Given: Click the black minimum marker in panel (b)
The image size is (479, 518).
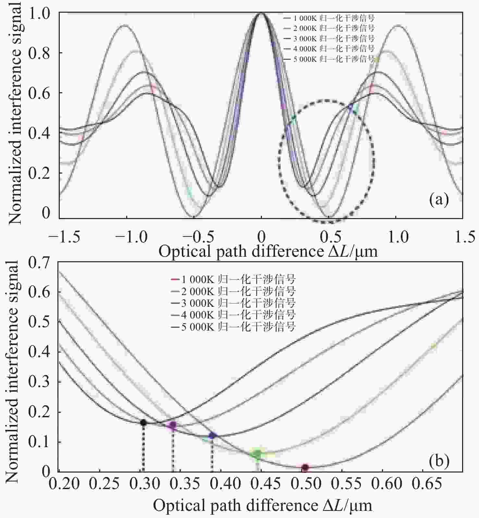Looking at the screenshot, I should click(143, 422).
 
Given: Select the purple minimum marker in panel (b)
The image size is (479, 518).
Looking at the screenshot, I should click(173, 425).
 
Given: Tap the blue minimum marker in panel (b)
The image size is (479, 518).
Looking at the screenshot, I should click(212, 435).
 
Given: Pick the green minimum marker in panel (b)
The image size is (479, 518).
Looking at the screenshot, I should click(257, 454).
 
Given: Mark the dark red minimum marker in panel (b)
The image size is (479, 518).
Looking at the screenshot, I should click(305, 468).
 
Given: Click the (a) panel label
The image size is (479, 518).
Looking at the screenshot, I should click(439, 200).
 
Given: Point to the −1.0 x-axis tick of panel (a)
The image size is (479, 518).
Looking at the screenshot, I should click(126, 237).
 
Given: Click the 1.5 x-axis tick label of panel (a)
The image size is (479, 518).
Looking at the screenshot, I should click(465, 237).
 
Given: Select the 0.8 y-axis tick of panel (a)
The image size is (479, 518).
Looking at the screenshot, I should click(39, 53).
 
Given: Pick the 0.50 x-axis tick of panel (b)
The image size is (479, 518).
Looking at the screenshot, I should click(304, 484).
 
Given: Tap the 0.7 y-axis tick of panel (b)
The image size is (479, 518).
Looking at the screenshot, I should click(39, 263).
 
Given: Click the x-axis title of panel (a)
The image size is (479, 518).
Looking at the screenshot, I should click(268, 251).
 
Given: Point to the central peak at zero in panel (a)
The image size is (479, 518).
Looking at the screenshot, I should click(261, 14).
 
